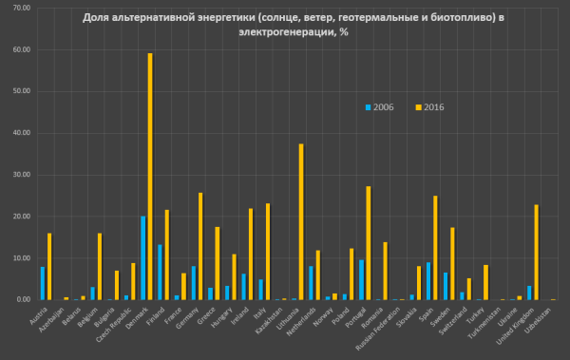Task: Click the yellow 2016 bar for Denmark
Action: click(x=150, y=177)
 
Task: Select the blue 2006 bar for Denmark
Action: click(x=143, y=257)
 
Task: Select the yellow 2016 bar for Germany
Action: click(x=200, y=246)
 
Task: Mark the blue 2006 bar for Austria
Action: click(x=43, y=283)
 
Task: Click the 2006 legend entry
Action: click(x=383, y=106)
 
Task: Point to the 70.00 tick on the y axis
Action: click(x=19, y=8)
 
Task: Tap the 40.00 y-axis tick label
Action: click(x=19, y=133)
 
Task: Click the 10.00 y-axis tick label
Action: click(x=19, y=258)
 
